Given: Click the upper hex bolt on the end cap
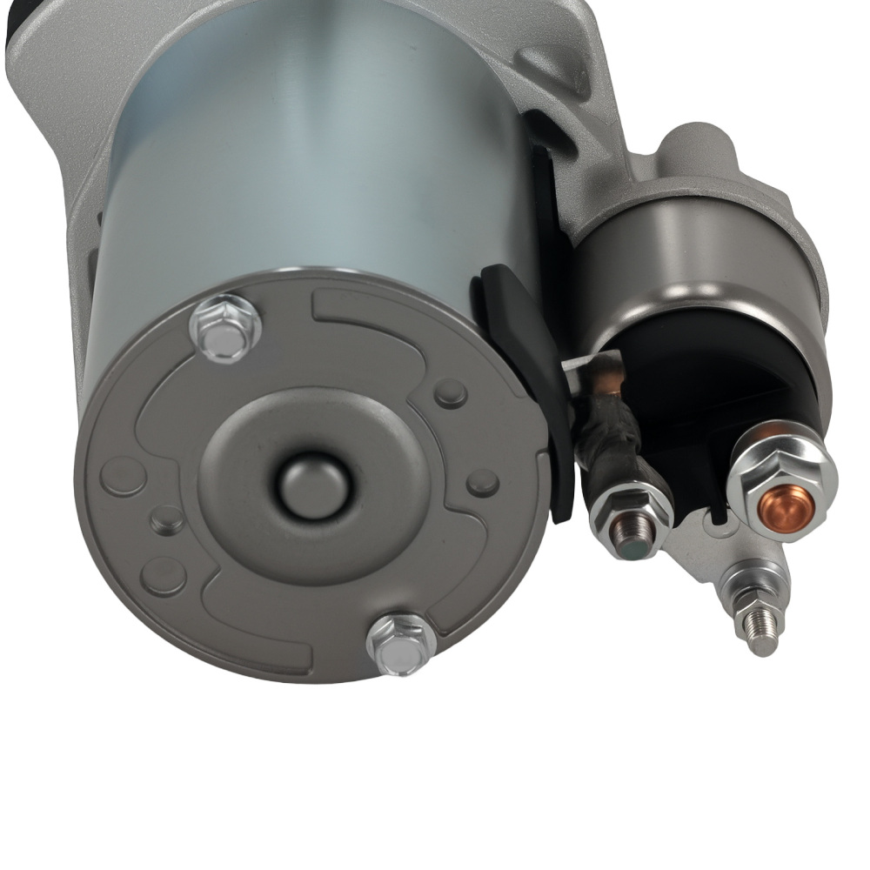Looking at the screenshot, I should coord(225,327).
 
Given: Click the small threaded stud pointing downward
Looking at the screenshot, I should coord(757,626).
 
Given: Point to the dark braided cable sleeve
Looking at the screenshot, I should coord(609,435).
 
